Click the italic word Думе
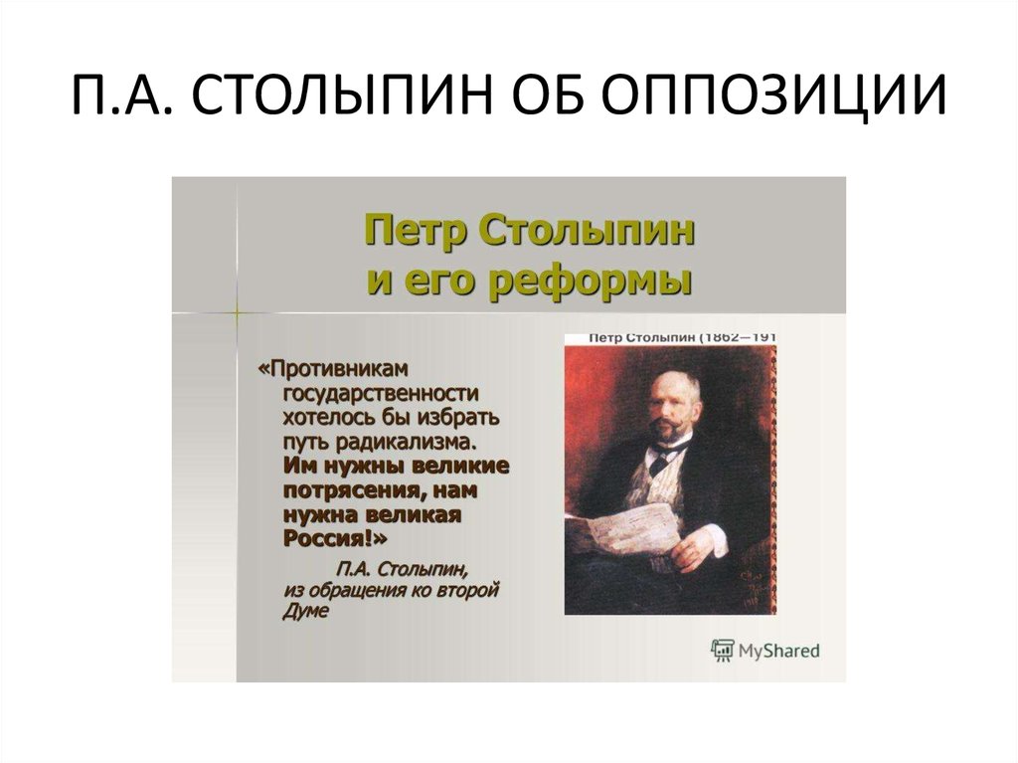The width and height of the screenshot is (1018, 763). (x=304, y=613)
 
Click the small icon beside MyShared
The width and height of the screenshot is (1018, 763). (x=722, y=651)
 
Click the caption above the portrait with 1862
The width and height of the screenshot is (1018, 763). (x=682, y=338)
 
